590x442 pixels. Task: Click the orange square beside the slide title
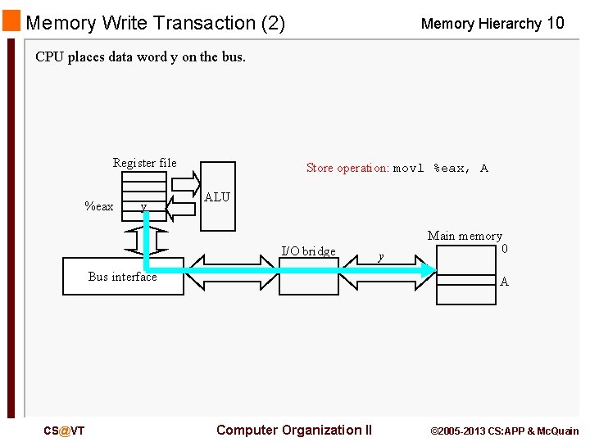11,20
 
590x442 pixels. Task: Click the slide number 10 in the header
555,23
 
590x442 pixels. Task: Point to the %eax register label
99,206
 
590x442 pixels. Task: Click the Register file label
144,163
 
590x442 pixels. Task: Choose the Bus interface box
123,277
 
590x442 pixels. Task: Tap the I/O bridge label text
308,251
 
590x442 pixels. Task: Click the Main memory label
465,236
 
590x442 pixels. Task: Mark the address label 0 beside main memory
505,248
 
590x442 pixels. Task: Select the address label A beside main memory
504,282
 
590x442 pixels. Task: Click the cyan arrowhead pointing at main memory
429,270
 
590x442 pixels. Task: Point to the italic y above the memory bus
379,256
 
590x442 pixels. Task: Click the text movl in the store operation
409,169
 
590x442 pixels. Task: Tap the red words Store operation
347,168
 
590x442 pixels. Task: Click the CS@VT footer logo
64,431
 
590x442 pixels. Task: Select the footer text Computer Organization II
294,430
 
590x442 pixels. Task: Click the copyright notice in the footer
505,431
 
